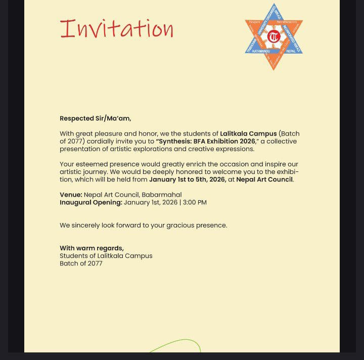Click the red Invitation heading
117,28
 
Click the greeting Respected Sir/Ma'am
95,118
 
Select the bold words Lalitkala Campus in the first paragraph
248,133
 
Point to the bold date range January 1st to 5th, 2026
187,179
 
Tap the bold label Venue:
71,195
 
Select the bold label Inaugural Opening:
91,202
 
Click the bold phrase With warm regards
92,248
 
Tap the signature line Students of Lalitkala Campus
106,256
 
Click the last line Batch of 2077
81,263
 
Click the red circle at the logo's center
274,36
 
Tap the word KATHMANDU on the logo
258,51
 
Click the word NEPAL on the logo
290,51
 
